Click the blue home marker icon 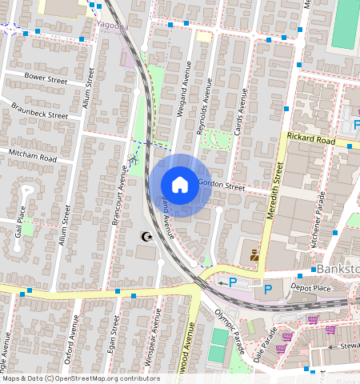180,185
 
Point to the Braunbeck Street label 39,110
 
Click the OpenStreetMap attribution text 80,378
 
